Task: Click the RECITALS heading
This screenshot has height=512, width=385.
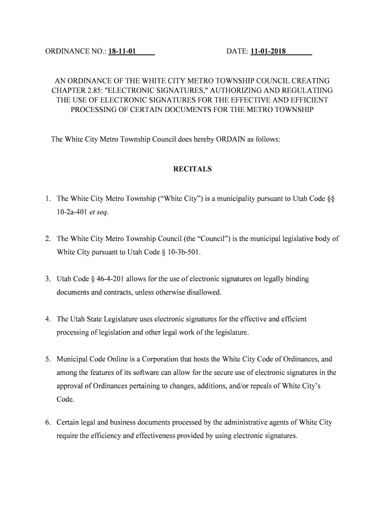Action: point(192,169)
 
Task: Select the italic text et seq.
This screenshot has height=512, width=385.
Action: point(98,212)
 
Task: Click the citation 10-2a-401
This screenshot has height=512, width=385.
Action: point(72,212)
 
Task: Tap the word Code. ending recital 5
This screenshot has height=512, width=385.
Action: point(66,399)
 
